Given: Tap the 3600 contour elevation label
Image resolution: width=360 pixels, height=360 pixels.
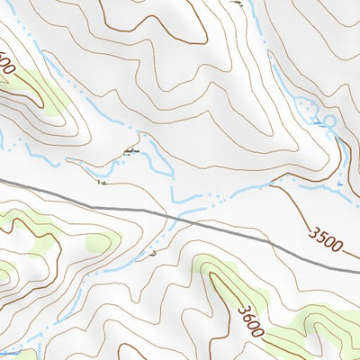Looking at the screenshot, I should tap(251, 320).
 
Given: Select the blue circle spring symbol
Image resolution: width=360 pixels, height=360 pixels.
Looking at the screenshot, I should tap(328, 120).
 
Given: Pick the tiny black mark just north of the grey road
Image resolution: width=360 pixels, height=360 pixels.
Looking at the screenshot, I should tap(101, 183).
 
